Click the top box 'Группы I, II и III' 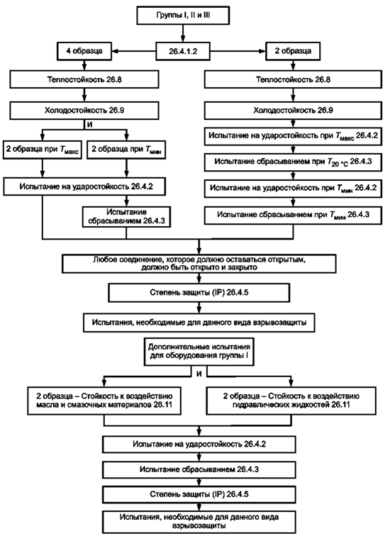pos(183,16)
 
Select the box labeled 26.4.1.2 pos(183,51)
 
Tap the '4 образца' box pos(84,51)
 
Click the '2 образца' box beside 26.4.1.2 pos(293,51)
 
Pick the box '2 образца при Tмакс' pos(43,150)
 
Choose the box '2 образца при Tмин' pos(126,150)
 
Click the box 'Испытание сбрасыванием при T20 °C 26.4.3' pos(293,162)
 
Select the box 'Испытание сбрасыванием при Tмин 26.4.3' pos(293,215)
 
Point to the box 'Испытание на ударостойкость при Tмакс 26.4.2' pos(293,135)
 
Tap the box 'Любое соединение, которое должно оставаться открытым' pos(199,264)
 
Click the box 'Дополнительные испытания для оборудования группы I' pos(199,351)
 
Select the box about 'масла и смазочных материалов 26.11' pos(104,401)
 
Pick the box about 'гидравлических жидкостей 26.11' pos(291,401)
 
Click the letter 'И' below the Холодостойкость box pos(89,125)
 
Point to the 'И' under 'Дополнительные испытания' pos(199,374)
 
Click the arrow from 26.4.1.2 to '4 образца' pos(133,51)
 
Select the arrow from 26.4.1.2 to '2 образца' pos(238,51)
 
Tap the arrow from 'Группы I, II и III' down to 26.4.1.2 pos(183,33)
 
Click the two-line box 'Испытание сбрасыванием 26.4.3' pos(126,217)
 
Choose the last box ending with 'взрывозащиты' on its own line pos(199,521)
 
